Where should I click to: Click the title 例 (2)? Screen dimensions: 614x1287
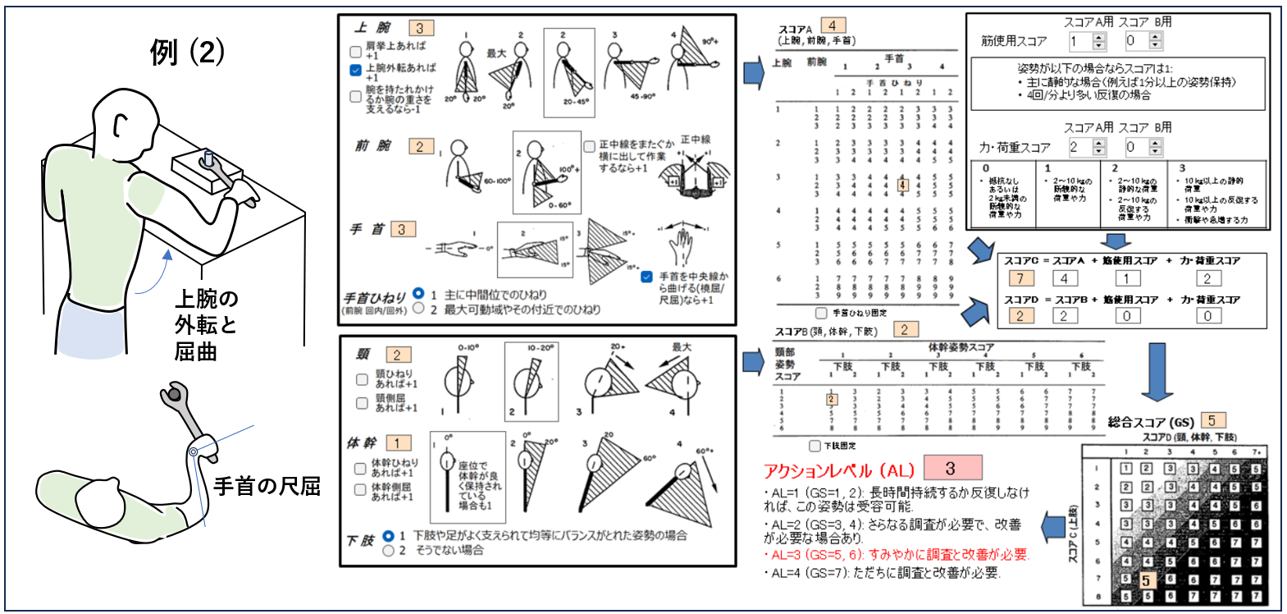pos(187,52)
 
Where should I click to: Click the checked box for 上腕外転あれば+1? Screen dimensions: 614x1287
pos(356,71)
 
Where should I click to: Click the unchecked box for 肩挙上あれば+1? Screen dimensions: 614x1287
pos(356,51)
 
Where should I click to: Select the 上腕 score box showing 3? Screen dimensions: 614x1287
pos(420,28)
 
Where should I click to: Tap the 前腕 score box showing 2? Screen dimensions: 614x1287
pos(420,146)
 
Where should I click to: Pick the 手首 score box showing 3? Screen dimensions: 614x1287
pos(403,229)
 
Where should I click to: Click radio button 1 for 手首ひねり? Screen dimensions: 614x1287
pos(418,294)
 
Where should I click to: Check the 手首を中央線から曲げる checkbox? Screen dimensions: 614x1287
pos(647,277)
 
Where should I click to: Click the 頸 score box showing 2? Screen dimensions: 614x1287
pos(397,355)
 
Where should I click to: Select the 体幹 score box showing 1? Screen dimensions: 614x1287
pos(398,442)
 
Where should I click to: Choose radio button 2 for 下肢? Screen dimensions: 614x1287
pos(389,551)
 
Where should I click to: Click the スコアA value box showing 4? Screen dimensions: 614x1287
pos(833,25)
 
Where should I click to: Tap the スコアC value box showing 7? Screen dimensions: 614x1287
pos(1020,278)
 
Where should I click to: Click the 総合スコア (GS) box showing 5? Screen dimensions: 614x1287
pos(1212,420)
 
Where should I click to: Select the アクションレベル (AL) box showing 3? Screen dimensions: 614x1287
pos(952,469)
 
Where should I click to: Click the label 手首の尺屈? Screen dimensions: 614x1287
pos(267,486)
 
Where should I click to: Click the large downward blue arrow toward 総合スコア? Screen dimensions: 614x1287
pos(1157,373)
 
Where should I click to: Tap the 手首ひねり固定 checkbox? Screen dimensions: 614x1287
pos(821,313)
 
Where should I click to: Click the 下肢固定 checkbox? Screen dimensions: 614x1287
pos(815,446)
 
